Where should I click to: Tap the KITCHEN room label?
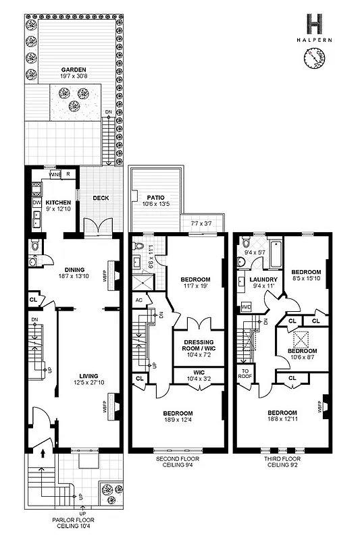58,202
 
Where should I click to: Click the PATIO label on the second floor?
155,198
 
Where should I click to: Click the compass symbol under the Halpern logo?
315,61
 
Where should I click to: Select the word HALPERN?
315,42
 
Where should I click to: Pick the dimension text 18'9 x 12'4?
176,421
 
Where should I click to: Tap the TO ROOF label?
245,373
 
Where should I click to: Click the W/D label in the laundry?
246,306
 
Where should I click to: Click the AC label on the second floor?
138,301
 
